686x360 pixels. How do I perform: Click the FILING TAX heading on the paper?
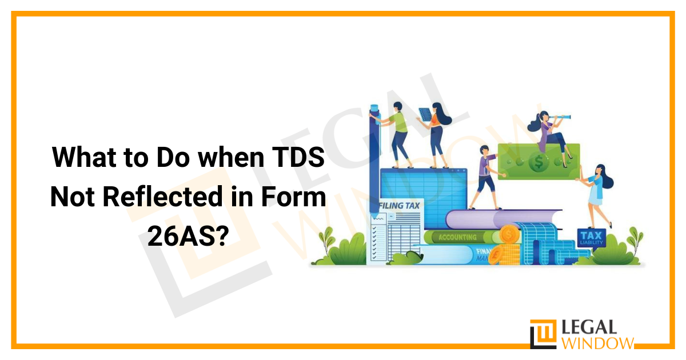pos(400,205)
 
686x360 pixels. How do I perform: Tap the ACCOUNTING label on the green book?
pos(457,237)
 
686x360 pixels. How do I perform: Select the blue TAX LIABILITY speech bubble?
pos(589,237)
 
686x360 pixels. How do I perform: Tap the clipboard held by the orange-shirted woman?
pos(424,113)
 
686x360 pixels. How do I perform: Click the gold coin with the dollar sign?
pos(508,234)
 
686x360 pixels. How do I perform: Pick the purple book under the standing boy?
pos(486,216)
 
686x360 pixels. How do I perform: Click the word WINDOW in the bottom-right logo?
pos(599,343)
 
